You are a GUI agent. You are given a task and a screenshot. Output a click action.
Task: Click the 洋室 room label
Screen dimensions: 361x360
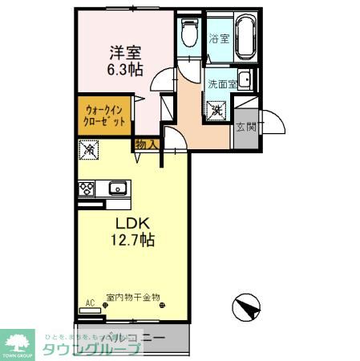pos(125,53)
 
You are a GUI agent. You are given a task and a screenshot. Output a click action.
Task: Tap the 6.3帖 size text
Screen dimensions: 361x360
pos(125,70)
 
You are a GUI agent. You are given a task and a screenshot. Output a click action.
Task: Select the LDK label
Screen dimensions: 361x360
pos(133,222)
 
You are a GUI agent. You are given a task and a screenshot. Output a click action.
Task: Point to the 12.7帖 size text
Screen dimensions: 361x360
pos(133,239)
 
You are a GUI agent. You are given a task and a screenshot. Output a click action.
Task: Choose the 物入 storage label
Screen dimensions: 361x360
pos(146,144)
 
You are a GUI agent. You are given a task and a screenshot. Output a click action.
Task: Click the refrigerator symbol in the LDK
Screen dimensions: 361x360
pos(90,149)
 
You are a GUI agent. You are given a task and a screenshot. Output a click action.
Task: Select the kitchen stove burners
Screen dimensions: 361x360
pos(86,189)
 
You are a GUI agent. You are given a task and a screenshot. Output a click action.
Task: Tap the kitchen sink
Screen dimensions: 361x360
pos(117,189)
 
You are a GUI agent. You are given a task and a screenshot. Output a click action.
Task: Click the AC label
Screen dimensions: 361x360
pos(90,302)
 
